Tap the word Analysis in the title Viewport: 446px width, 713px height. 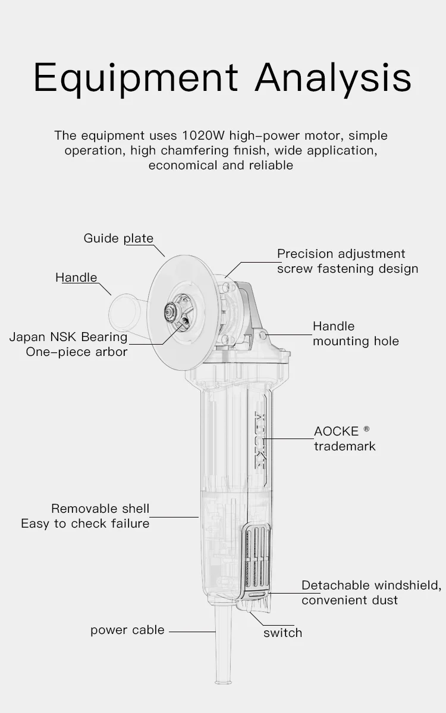(x=333, y=78)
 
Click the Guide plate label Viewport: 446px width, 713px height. (x=118, y=238)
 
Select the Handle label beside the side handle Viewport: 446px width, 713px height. (x=76, y=277)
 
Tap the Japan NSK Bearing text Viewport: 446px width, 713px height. (x=68, y=337)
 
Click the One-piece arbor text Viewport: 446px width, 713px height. (x=77, y=352)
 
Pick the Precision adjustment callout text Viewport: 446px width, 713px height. (x=341, y=254)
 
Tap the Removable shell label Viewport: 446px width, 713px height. (x=100, y=509)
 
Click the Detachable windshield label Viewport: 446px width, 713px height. (x=371, y=585)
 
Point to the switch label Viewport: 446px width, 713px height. (x=282, y=633)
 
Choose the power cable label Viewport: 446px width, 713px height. (x=127, y=630)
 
